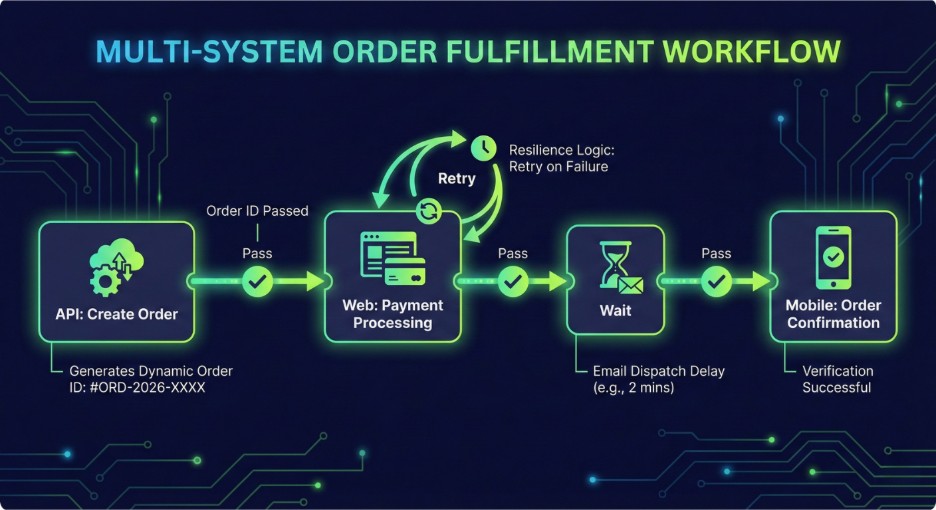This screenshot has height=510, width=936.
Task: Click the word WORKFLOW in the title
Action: (x=752, y=51)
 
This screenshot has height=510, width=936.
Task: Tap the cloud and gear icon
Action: (x=117, y=267)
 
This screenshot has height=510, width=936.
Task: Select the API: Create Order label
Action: (x=116, y=314)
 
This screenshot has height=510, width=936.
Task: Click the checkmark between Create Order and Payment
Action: (x=257, y=281)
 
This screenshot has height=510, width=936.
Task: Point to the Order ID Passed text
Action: (x=257, y=211)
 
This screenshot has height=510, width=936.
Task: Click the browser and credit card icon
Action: (x=393, y=258)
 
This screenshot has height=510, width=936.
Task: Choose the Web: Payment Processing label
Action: (x=393, y=314)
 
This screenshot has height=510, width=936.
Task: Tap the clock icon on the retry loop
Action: (x=484, y=148)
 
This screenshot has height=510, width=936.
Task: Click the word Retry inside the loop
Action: (x=457, y=179)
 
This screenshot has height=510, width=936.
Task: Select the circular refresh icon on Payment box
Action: (x=429, y=211)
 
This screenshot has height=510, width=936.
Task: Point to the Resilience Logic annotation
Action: (x=561, y=158)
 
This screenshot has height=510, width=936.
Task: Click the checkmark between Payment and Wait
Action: (x=513, y=281)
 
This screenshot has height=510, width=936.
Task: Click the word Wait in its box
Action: (x=615, y=311)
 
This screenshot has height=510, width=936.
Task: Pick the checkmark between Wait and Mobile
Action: (x=716, y=281)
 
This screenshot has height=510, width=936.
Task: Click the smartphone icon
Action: (x=833, y=258)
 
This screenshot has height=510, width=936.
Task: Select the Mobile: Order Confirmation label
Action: (x=833, y=314)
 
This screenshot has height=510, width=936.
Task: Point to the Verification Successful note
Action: (x=838, y=379)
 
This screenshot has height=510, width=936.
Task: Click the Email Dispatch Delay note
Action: (x=658, y=379)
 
